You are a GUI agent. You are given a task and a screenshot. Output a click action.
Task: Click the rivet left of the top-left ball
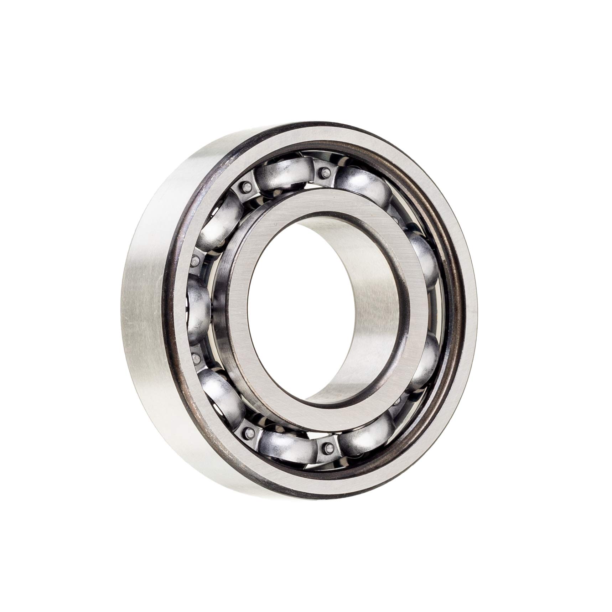click(x=245, y=186)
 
